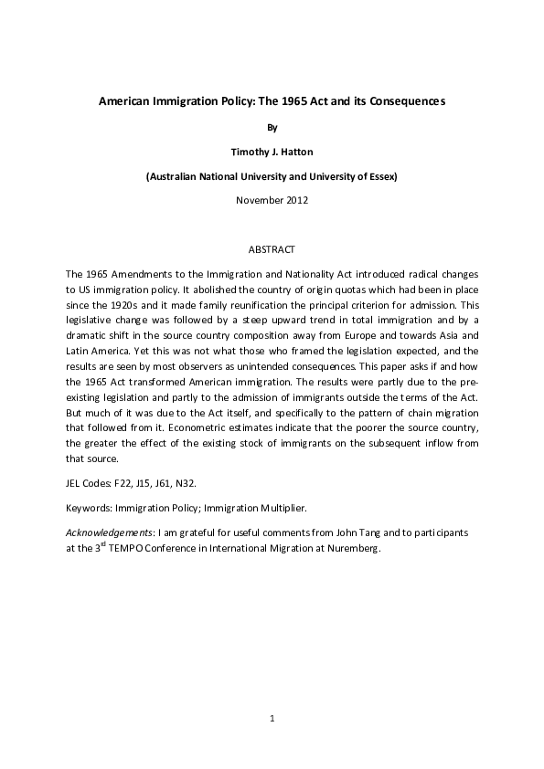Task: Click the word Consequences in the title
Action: point(400,102)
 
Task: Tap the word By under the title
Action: point(272,129)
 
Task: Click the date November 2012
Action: point(272,199)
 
